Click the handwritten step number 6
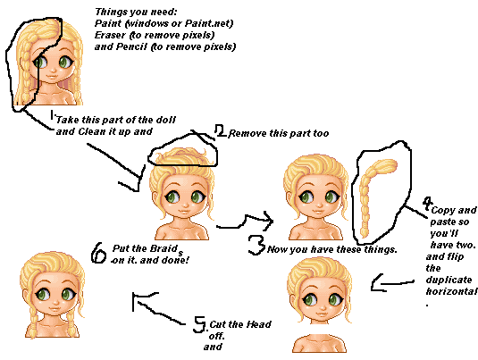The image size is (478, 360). coord(97,253)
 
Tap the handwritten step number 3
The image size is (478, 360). coord(256,245)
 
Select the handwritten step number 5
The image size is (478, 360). coord(199,324)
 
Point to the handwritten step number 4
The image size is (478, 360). coord(428,203)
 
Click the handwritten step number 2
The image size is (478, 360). coord(220,130)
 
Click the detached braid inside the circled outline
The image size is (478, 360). coord(374,195)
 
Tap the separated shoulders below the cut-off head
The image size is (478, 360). coord(320,343)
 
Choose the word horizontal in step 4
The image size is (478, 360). coord(451,291)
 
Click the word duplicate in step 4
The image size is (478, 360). coord(449,280)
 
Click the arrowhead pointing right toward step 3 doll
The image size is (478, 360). coord(268,220)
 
